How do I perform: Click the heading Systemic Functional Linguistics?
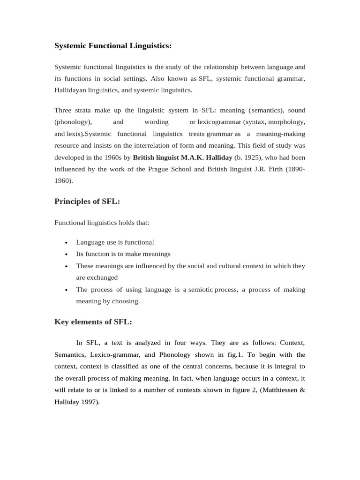click(113, 46)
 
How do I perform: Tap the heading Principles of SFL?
click(87, 202)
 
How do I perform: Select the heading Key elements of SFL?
click(93, 322)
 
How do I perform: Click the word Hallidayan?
click(73, 90)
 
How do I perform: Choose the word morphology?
click(286, 122)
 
